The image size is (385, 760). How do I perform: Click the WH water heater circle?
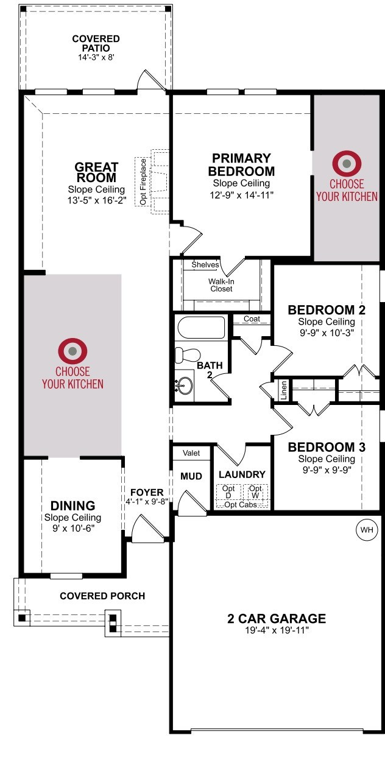click(x=366, y=530)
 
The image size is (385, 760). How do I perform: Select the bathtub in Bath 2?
click(x=201, y=328)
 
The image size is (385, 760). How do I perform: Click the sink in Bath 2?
click(x=185, y=386)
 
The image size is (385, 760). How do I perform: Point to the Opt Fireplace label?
click(x=143, y=182)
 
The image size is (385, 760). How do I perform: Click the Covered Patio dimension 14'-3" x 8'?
click(x=96, y=57)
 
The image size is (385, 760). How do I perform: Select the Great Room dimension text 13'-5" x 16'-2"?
click(x=97, y=200)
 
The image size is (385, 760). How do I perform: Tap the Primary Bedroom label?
click(x=241, y=164)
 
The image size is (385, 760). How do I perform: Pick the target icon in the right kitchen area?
click(x=347, y=164)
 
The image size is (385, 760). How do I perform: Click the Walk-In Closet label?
click(x=221, y=285)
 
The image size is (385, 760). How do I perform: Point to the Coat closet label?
click(x=252, y=319)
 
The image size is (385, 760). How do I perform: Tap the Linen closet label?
click(x=284, y=390)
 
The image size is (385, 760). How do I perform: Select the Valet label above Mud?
click(x=191, y=453)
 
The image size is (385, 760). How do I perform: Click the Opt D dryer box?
click(x=228, y=491)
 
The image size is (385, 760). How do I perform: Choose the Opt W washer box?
click(x=256, y=491)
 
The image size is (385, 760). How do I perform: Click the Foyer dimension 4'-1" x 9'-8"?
click(x=147, y=502)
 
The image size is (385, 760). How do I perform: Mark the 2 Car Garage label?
click(x=277, y=619)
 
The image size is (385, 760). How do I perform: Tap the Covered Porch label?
click(x=102, y=596)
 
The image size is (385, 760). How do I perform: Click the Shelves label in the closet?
click(x=205, y=265)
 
